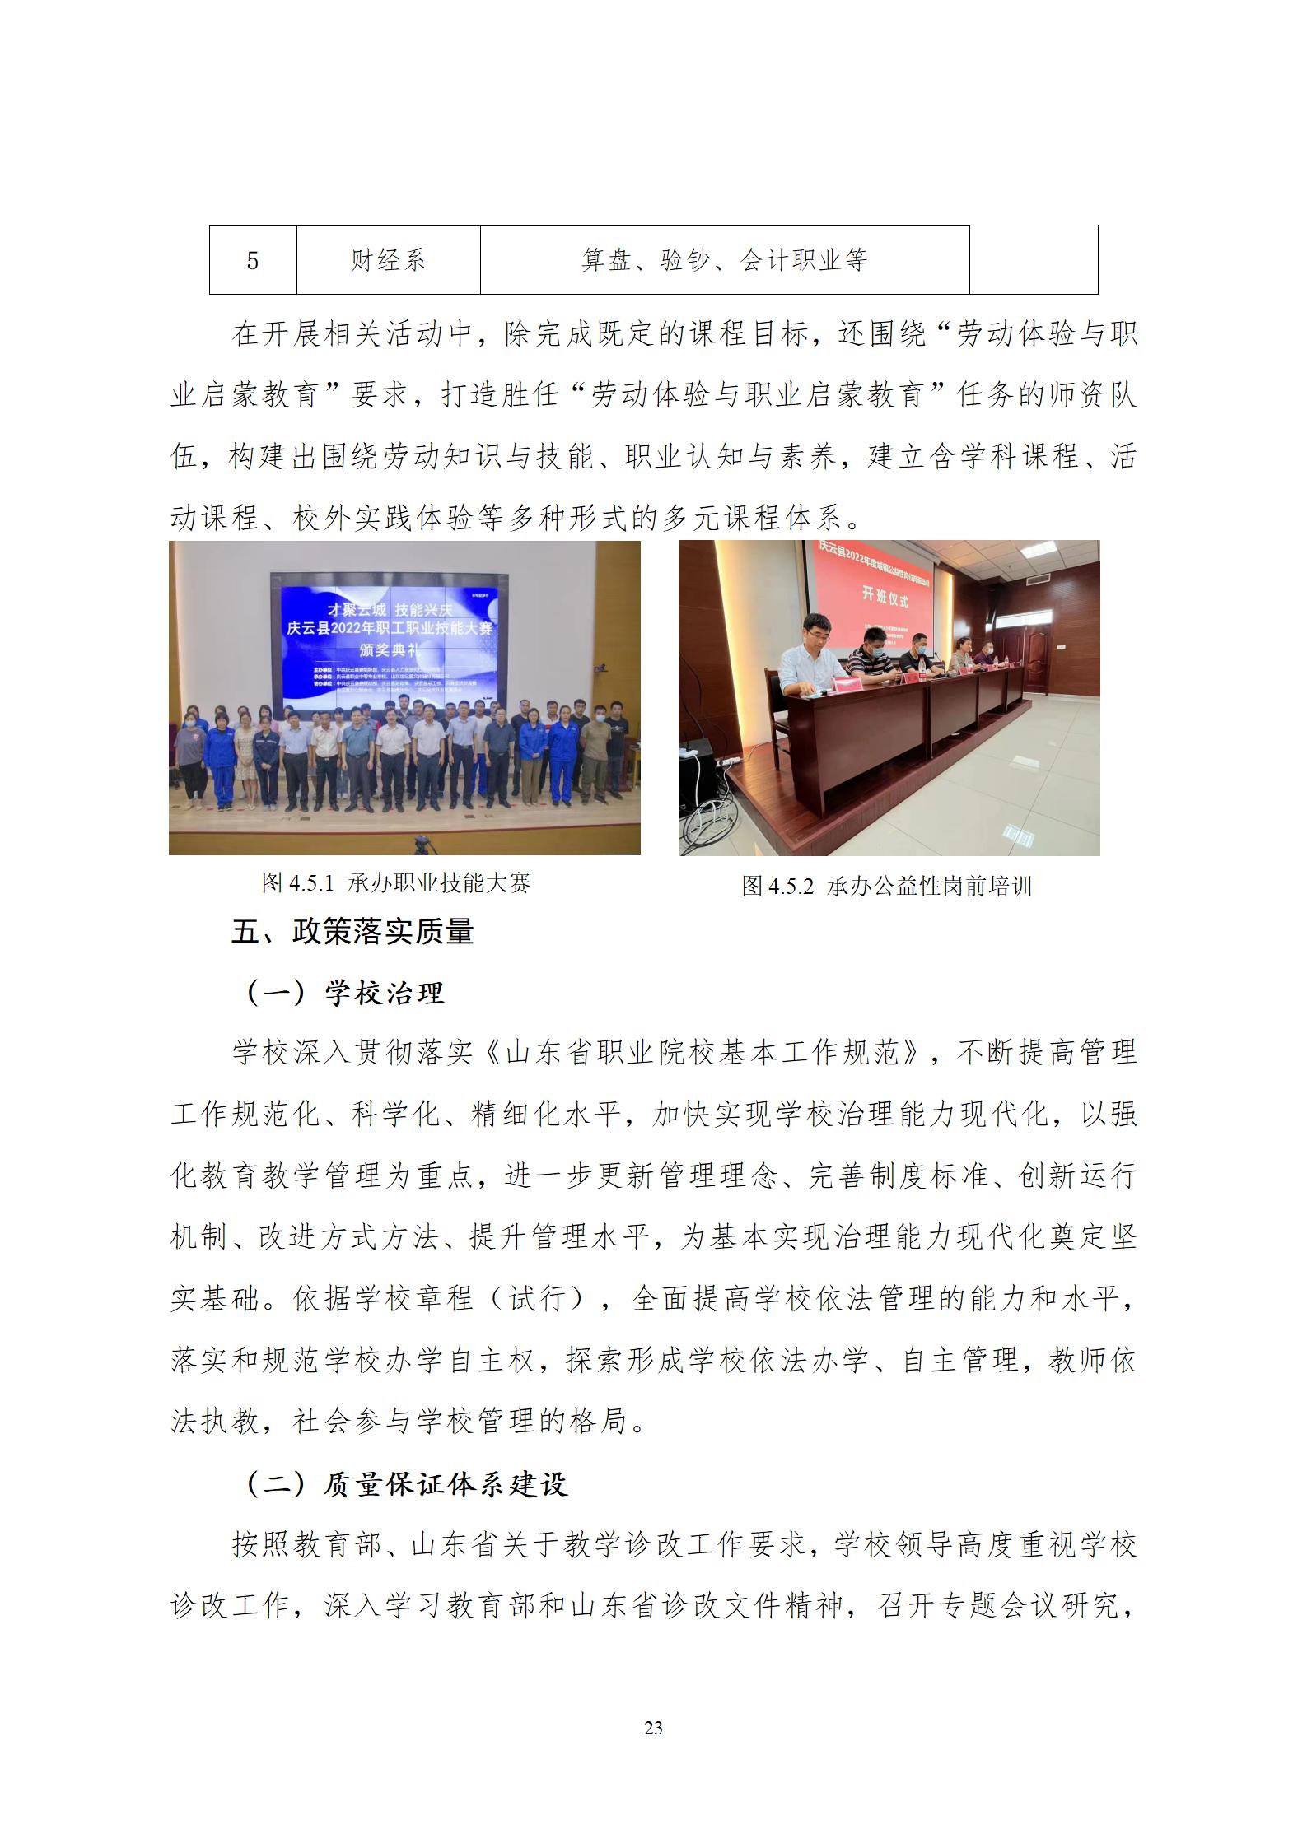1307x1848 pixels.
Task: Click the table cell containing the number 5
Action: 253,261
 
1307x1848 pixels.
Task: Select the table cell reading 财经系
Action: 388,261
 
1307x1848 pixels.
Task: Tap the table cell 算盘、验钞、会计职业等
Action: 724,261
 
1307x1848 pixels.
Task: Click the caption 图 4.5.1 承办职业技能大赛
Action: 396,883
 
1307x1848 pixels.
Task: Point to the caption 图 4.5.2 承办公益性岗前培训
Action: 886,887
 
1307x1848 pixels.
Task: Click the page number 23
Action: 653,1728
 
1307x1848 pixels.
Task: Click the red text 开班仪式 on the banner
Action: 885,596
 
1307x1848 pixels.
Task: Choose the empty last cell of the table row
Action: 1033,261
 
